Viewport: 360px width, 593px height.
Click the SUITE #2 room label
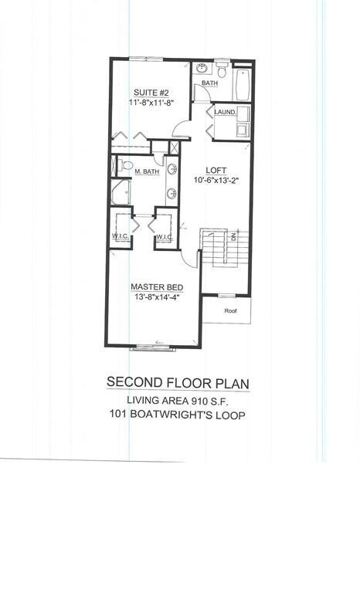[145, 90]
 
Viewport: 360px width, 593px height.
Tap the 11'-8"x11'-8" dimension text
[151, 101]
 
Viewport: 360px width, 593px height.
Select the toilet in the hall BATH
[221, 73]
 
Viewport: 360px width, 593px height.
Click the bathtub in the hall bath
[242, 84]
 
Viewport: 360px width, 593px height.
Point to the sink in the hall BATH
[200, 69]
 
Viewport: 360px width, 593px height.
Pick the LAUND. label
[225, 112]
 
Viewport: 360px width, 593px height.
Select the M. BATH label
[147, 171]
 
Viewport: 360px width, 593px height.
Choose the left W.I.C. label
[121, 237]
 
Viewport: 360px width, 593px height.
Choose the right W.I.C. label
[165, 237]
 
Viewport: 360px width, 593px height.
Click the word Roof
[230, 310]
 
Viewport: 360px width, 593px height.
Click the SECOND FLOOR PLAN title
[178, 381]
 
